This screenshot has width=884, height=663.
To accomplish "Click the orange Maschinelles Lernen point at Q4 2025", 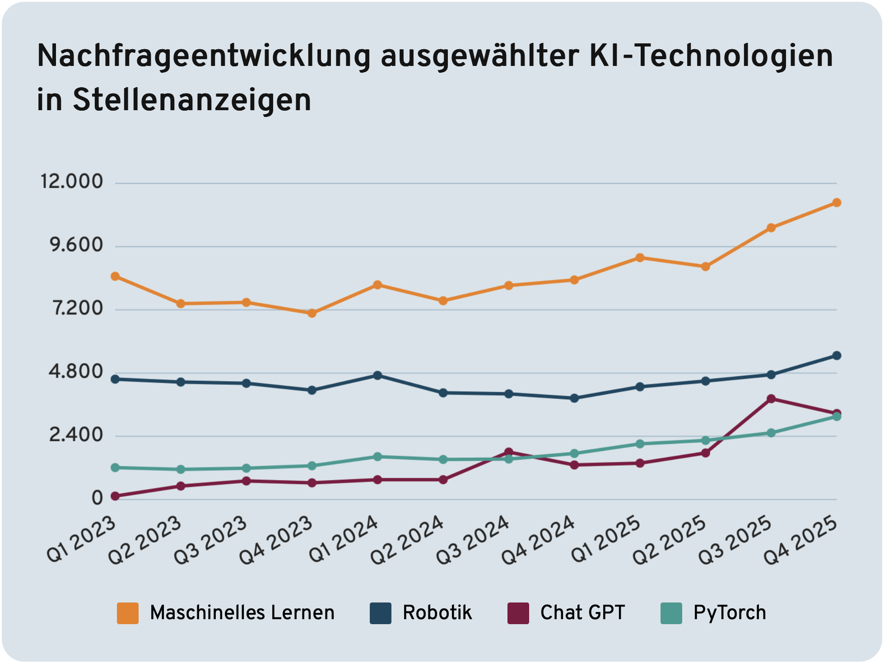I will (836, 203).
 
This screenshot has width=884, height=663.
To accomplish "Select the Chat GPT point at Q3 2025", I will (771, 399).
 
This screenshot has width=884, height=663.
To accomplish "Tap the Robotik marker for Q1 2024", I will (377, 376).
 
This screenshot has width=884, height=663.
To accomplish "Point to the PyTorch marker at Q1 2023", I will (115, 467).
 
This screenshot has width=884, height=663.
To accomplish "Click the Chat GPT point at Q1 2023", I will (115, 496).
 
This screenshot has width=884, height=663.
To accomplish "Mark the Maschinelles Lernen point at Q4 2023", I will (312, 313).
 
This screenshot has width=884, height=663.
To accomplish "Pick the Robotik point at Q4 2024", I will (574, 398).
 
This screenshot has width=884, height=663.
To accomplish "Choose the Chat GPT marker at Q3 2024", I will (509, 452).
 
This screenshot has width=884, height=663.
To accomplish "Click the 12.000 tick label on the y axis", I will (72, 182).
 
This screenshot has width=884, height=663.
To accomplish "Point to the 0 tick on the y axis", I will (97, 498).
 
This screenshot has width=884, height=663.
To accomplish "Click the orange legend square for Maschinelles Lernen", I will (128, 613).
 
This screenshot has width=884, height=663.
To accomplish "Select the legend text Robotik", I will (437, 613).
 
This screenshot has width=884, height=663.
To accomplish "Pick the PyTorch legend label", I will (730, 613).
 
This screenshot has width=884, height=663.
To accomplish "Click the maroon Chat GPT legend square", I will (518, 613).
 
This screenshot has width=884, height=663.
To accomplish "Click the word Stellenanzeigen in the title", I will (192, 100).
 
